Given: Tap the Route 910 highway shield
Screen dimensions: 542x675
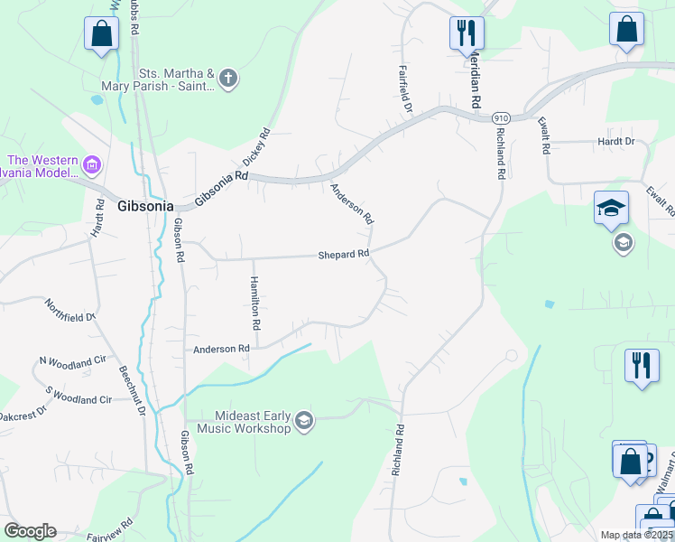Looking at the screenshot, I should pos(502,117).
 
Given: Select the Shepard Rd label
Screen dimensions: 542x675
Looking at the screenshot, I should pos(344,255).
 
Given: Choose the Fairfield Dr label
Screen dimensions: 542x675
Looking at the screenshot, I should pos(406,89).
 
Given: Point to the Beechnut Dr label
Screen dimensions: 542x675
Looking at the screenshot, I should pos(132,390).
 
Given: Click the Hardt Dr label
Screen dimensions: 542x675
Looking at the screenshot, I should pos(616,142).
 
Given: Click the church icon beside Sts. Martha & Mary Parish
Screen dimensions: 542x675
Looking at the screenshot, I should pos(228,78).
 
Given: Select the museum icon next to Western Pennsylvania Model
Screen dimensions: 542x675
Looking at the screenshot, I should pos(91,165).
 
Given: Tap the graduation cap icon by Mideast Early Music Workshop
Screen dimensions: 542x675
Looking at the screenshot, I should pos(304,421).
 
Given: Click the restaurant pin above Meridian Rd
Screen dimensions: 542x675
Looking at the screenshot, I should pos(467,33).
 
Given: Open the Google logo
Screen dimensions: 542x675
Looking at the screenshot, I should pos(30,531).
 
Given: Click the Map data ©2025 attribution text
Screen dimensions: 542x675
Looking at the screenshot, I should pos(637,535).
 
